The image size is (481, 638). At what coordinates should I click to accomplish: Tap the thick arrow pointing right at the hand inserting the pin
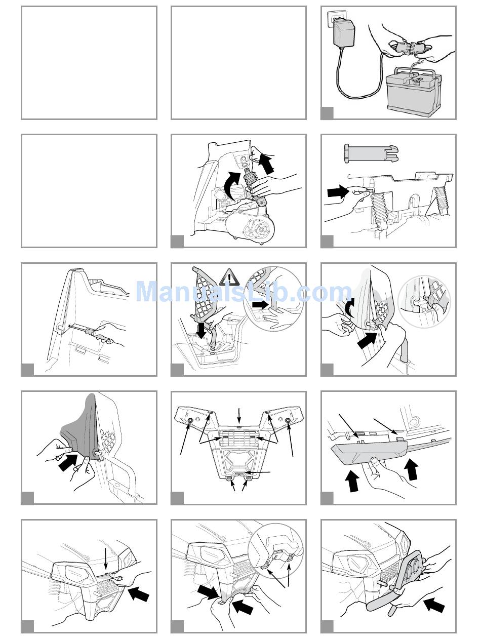tap(338, 192)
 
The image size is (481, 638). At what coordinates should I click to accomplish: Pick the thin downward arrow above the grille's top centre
tap(239, 416)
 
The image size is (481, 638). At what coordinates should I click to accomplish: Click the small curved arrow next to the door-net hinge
tap(349, 307)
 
